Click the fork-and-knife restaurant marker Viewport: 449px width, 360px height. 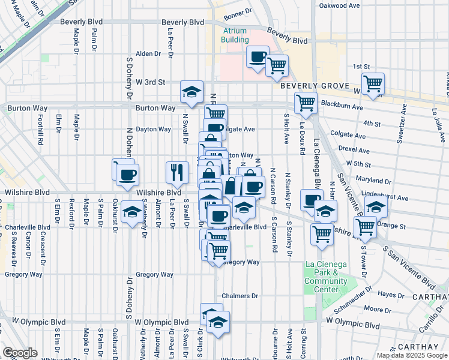point(177,172)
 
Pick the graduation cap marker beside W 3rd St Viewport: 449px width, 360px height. point(191,91)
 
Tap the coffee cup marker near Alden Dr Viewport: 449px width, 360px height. point(258,57)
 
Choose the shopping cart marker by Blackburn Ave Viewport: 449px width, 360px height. point(306,103)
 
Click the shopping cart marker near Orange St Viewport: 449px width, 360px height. point(365,227)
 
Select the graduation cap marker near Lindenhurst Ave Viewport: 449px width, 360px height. point(376,207)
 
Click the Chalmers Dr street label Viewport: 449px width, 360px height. point(240,296)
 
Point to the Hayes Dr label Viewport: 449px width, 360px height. point(391,295)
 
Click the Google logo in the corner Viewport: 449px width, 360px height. point(20,352)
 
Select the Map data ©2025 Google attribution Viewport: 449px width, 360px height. point(412,355)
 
